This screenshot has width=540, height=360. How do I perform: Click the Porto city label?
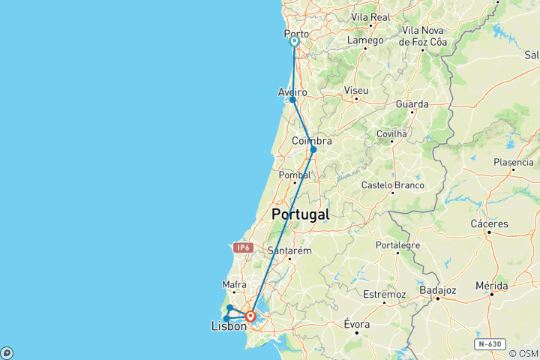tap(297, 34)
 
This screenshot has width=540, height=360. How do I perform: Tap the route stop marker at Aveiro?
tap(292, 100)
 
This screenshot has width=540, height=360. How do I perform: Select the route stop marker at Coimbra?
tap(313, 149)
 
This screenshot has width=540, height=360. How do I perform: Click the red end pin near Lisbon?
tap(250, 316)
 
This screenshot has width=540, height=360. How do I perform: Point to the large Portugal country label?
tap(300, 214)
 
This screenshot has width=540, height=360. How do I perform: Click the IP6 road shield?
tap(242, 247)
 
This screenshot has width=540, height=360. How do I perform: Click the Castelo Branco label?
tap(392, 185)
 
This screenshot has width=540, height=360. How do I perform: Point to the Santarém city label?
tap(289, 250)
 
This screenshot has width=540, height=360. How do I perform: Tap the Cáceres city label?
tap(490, 223)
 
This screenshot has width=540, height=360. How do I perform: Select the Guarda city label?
tap(413, 104)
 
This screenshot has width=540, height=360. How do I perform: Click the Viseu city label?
tap(355, 90)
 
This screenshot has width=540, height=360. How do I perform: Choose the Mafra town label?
tap(234, 284)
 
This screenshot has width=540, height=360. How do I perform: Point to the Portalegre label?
tap(398, 245)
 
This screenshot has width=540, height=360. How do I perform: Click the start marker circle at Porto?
tap(294, 43)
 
